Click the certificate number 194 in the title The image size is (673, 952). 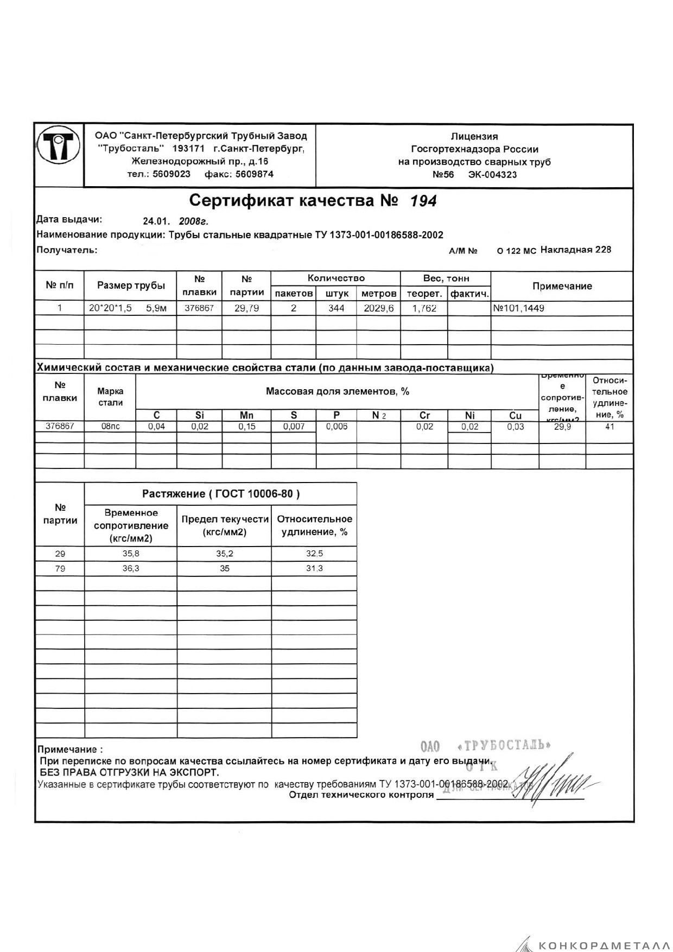tap(423, 201)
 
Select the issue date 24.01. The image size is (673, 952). tap(156, 221)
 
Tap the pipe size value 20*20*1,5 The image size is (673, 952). tap(110, 308)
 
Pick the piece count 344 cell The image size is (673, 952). tap(336, 308)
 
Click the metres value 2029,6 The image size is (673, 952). tap(378, 308)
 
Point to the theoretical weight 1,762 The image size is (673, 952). tap(424, 308)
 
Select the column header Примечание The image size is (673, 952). tap(562, 286)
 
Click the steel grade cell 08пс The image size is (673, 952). tap(110, 427)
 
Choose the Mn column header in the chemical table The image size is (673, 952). tap(246, 415)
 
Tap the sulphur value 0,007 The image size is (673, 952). tap(294, 427)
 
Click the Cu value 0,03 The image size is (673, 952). tap(515, 427)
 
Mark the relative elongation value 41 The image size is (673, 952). tap(609, 427)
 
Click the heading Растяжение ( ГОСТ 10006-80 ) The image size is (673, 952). tap(221, 494)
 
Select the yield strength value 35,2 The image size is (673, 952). tap(224, 554)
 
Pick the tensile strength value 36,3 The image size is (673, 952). tap(131, 568)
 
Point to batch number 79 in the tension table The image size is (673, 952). tap(60, 568)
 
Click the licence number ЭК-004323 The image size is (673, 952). tap(492, 175)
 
